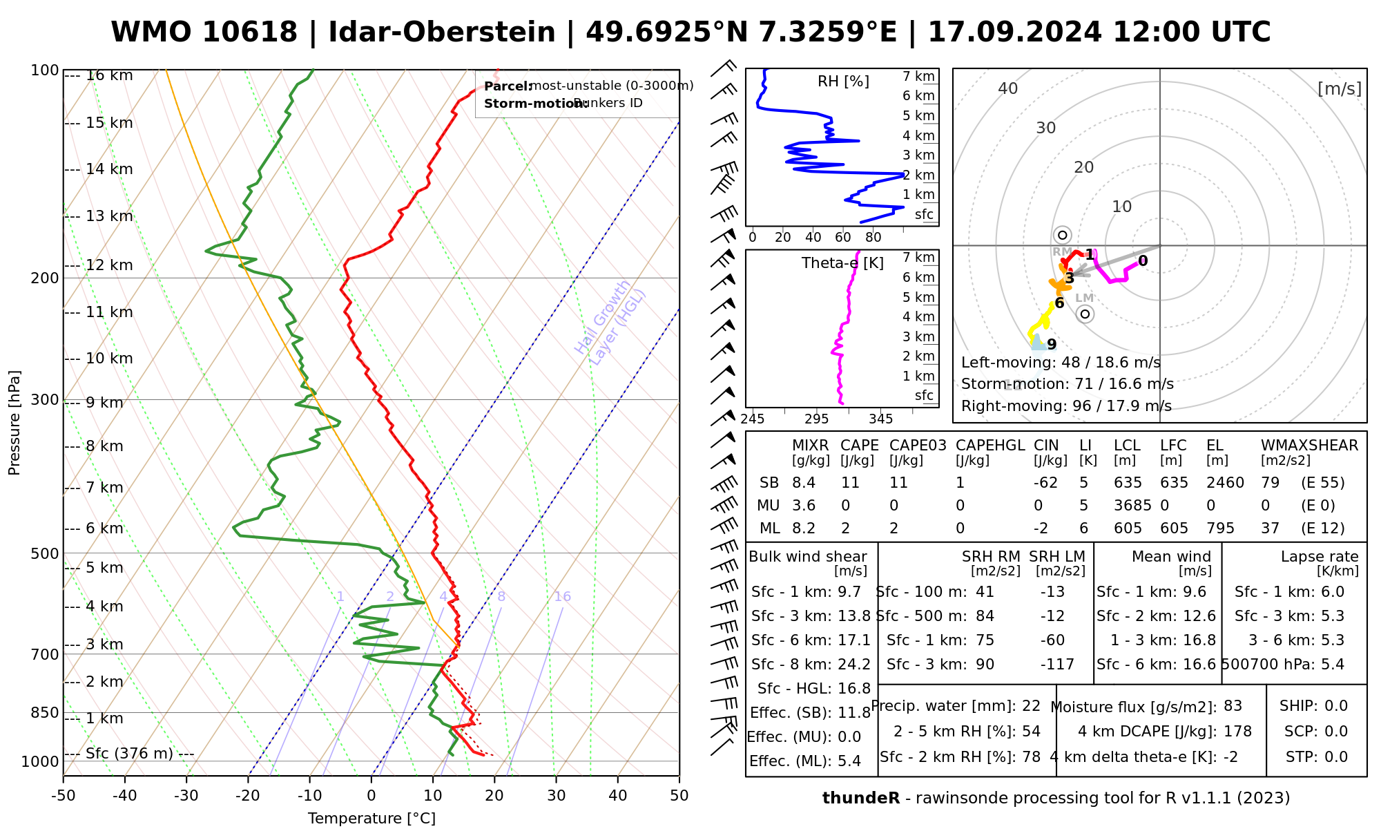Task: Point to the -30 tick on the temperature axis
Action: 186,795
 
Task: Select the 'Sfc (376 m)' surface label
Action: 129,753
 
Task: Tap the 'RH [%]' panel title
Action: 843,82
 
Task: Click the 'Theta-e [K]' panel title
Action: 842,263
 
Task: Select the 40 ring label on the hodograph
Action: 1008,88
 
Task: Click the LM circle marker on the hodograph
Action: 1085,314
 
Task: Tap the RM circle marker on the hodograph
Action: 1063,236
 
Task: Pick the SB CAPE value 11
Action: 850,483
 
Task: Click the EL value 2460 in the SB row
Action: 1225,483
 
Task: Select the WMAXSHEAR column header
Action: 1309,446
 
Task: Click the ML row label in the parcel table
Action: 770,528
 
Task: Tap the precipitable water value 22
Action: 1031,706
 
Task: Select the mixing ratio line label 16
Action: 562,597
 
